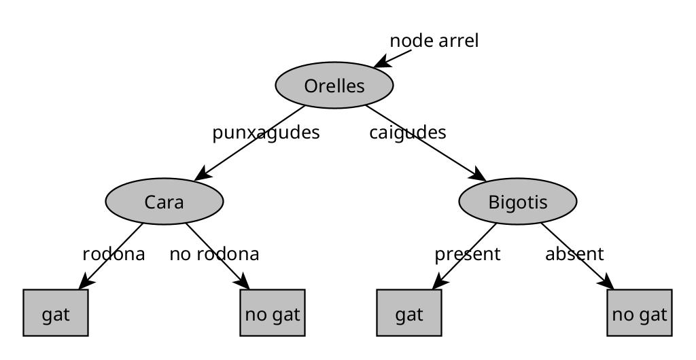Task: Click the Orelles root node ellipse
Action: pyautogui.click(x=334, y=86)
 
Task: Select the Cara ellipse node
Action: pyautogui.click(x=164, y=202)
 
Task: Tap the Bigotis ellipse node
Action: pyautogui.click(x=518, y=202)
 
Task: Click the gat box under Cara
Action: pyautogui.click(x=56, y=313)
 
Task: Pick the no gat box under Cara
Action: pyautogui.click(x=273, y=313)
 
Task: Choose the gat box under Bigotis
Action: pyautogui.click(x=409, y=313)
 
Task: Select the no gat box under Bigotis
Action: pyautogui.click(x=640, y=313)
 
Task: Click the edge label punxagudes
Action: pyautogui.click(x=266, y=132)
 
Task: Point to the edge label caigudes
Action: pyautogui.click(x=408, y=132)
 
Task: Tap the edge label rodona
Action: pyautogui.click(x=114, y=254)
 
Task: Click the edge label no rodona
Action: pyautogui.click(x=214, y=254)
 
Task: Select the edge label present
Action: pyautogui.click(x=468, y=254)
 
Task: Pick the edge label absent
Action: pyautogui.click(x=574, y=254)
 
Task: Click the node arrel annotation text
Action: pyautogui.click(x=434, y=41)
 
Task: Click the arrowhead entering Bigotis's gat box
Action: pyautogui.click(x=439, y=283)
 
